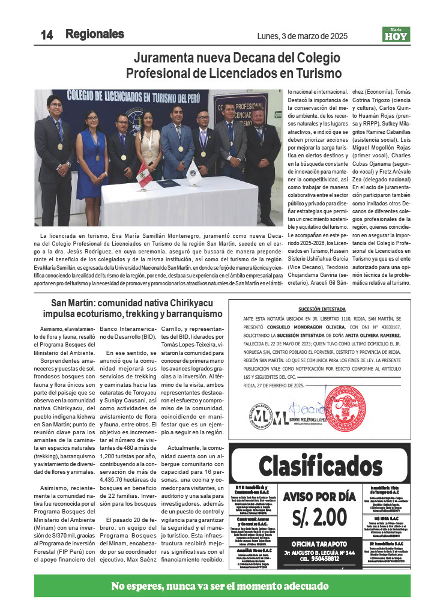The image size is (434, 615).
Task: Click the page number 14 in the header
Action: (46, 35)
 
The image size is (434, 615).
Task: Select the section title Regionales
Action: (95, 34)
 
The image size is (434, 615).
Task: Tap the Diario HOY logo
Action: (396, 35)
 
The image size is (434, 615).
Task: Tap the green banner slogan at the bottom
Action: (217, 586)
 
